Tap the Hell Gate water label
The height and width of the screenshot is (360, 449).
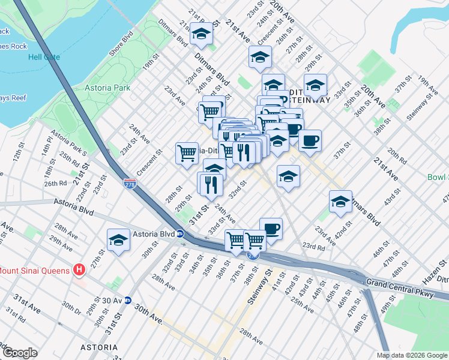pos(43,58)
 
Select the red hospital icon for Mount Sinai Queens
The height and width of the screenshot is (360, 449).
pos(78,270)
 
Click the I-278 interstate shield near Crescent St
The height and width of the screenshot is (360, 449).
pos(129,182)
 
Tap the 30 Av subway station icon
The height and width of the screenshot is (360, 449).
pos(127,301)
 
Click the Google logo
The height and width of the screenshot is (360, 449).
pos(19,353)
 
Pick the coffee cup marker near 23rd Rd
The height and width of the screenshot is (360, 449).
pos(271,229)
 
